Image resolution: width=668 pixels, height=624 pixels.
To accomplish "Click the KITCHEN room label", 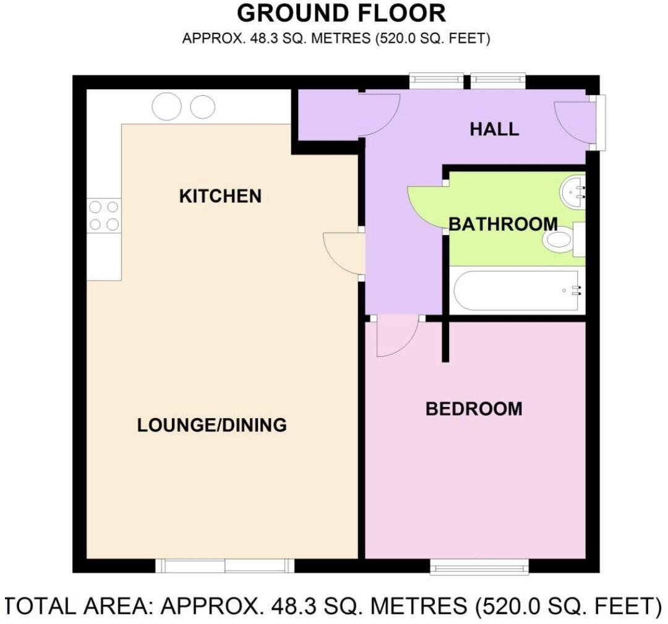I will click(x=220, y=197).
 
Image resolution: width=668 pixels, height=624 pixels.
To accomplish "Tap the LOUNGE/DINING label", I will click(x=212, y=425).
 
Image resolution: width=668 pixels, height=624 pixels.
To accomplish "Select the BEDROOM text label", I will click(x=474, y=409).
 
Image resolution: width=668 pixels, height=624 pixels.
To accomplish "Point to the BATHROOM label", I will click(x=503, y=224).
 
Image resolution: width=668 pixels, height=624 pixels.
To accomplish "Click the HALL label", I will click(x=494, y=129).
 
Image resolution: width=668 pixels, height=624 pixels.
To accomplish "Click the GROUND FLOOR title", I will click(x=341, y=13).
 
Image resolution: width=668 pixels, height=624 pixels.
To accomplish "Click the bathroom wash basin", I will click(x=573, y=192).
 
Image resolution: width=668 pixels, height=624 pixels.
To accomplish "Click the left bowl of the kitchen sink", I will click(x=166, y=106).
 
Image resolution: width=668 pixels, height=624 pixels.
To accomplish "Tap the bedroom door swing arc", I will click(x=396, y=337).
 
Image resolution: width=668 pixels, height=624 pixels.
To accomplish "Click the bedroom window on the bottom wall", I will click(x=479, y=566).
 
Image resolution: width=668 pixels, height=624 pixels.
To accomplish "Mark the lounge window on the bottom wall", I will click(x=225, y=565).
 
